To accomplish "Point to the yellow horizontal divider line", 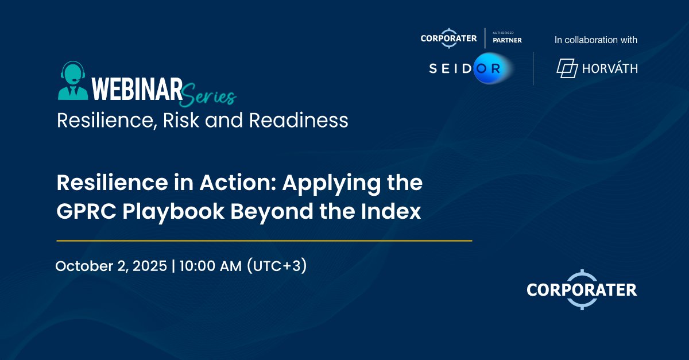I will [264, 241].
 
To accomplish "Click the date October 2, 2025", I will [111, 266].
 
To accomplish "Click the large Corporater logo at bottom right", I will [582, 289].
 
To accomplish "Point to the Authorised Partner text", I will [507, 38].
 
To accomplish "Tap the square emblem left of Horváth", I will [567, 69].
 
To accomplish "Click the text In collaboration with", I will [596, 40].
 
